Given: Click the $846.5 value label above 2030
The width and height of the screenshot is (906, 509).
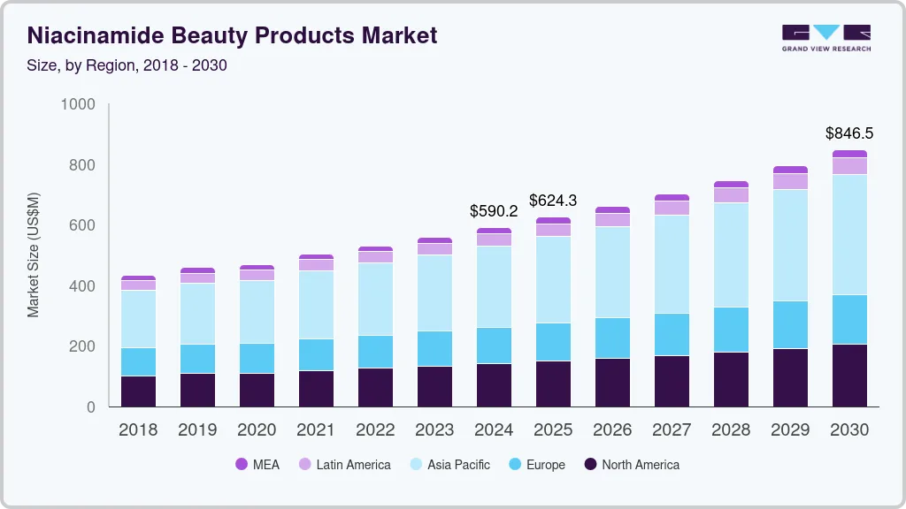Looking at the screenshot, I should [849, 133].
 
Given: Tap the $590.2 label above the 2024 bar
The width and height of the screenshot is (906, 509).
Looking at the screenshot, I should [493, 211].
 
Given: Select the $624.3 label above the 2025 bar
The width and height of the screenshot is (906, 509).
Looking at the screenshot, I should [553, 201].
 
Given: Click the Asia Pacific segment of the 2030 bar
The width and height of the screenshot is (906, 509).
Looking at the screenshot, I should [849, 234].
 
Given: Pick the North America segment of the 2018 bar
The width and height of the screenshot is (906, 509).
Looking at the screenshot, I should [138, 391].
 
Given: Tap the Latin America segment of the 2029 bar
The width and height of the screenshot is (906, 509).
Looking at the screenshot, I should [790, 181].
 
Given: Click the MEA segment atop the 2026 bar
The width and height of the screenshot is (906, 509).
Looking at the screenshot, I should [612, 209].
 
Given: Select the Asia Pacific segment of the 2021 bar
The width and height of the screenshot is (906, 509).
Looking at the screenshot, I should [316, 304].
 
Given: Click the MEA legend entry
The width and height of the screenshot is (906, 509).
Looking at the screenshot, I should [257, 464].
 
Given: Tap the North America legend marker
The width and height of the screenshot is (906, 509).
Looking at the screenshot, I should [590, 464].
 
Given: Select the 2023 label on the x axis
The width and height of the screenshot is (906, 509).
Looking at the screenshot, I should [434, 430].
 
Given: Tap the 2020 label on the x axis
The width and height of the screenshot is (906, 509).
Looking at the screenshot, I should [257, 430].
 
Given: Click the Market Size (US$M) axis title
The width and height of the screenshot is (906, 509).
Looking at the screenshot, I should [34, 254].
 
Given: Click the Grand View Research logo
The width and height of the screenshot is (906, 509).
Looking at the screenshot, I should [825, 37].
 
